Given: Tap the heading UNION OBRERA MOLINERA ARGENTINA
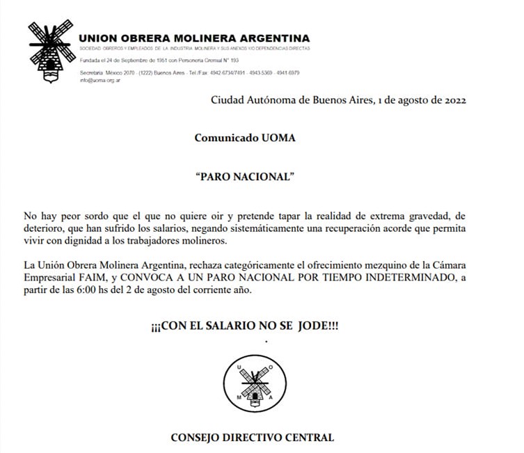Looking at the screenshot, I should click(194, 38).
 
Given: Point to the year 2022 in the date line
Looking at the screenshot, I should click(452, 100).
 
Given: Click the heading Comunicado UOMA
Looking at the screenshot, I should click(244, 138).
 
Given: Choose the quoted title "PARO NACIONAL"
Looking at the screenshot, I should click(246, 177).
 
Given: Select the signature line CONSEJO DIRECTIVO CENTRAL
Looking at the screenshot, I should click(252, 438).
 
